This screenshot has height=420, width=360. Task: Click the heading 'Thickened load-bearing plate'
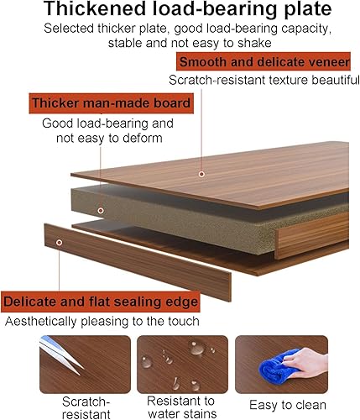click(180, 11)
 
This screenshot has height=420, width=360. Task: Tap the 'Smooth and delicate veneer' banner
click(263, 62)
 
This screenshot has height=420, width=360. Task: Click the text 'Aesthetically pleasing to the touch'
click(102, 321)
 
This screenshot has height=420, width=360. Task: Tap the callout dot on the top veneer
click(201, 174)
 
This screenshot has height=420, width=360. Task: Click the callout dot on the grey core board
click(100, 210)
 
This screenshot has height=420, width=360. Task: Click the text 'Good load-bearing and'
click(108, 123)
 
